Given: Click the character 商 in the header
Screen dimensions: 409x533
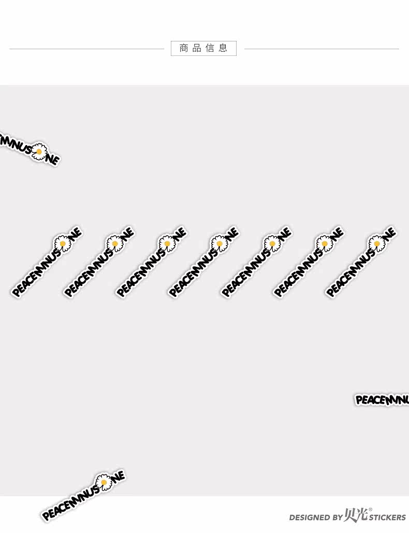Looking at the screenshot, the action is (183, 48).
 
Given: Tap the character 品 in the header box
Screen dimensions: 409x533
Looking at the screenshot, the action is (197, 48).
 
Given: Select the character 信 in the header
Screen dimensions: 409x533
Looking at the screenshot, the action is (210, 48).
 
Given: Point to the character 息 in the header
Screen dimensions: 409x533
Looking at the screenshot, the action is (223, 48).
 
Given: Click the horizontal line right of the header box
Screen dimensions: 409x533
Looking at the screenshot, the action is (321, 49).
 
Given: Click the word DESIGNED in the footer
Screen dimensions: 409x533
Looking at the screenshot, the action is (309, 517).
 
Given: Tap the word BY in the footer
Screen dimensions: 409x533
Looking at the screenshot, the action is (337, 517).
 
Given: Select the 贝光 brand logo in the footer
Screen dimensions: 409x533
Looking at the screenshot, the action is (356, 515).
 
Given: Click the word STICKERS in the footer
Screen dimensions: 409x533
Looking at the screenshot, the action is (387, 517).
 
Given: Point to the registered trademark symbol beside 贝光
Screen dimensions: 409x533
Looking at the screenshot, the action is (370, 510).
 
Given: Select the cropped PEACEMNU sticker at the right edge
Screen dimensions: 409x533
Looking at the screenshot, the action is (382, 400).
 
